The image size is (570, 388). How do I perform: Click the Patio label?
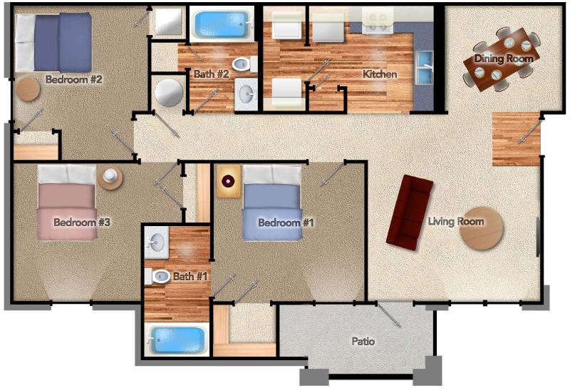coord(363,342)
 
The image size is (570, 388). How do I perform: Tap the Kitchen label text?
coord(380,74)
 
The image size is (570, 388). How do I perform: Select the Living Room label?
coord(456,221)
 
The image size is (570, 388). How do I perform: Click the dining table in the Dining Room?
coord(502,59)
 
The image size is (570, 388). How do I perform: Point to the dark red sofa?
coord(410,213)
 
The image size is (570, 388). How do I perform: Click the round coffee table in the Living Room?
coord(482,228)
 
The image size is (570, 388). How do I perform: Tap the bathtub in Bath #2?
coord(222,24)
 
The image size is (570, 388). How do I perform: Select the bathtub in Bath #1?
coord(177,340)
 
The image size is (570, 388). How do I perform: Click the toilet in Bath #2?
coord(244,64)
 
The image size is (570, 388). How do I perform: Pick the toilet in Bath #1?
coord(157,276)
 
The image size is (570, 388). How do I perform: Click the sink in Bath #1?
coord(157,242)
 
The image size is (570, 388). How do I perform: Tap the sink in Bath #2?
coord(246,94)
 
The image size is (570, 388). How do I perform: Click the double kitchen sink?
coord(425,67)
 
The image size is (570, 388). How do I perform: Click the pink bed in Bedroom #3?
coord(67,203)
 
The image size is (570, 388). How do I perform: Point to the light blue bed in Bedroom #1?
coord(272,203)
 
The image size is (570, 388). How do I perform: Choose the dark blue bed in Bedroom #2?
coord(53,43)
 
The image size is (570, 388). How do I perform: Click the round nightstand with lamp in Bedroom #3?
coord(110,178)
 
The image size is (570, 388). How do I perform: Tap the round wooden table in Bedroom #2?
coord(28,89)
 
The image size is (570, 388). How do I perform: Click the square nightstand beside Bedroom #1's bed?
coord(229,181)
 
